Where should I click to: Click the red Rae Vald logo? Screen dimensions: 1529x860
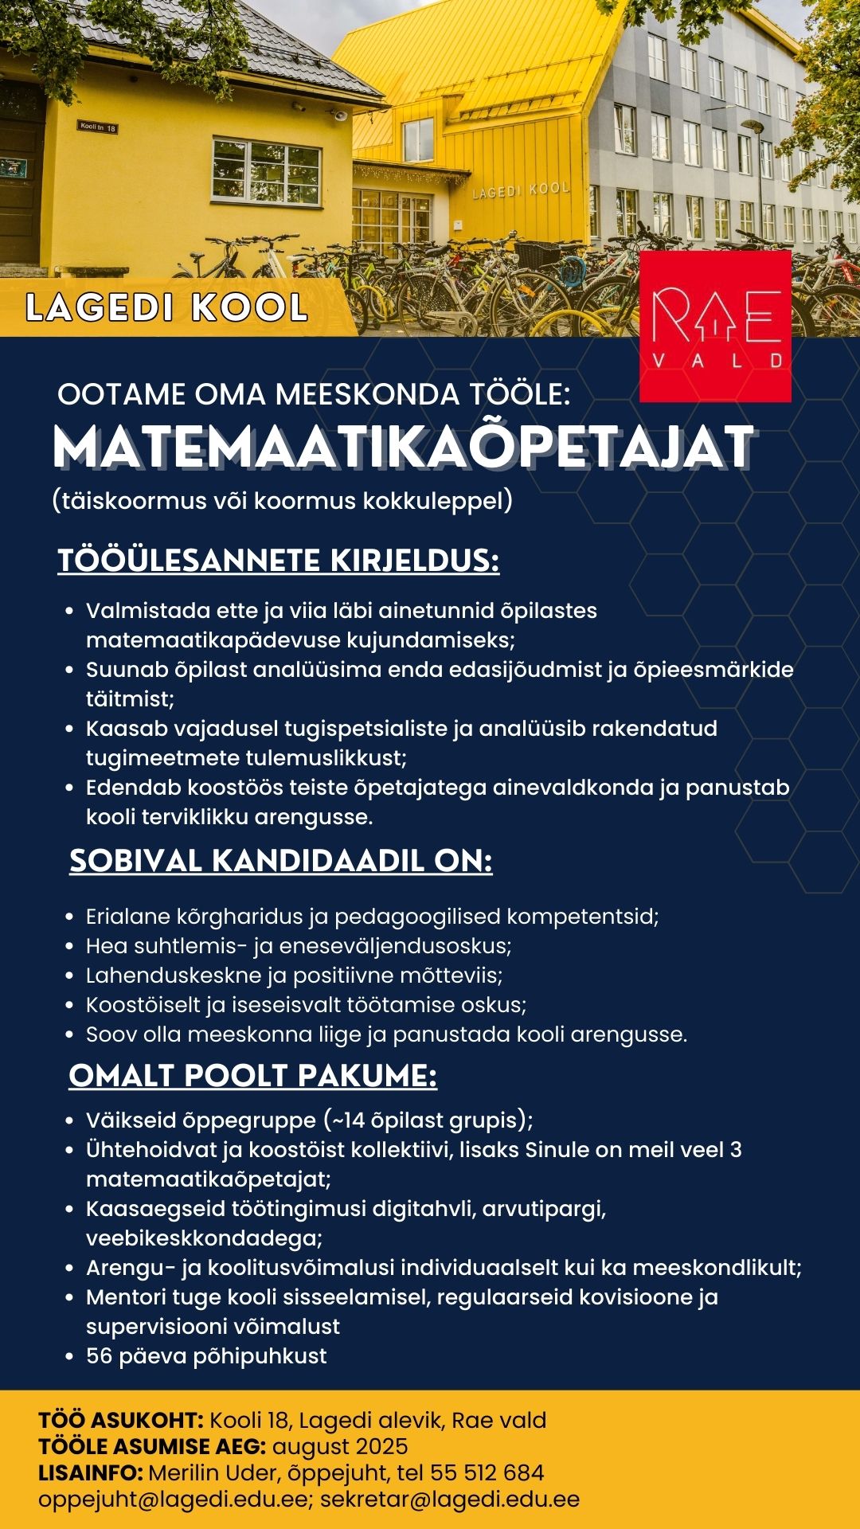[x=715, y=327]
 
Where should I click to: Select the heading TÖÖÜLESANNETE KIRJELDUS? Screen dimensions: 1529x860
[x=278, y=561]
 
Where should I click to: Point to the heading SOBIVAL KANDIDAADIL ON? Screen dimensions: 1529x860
[x=280, y=861]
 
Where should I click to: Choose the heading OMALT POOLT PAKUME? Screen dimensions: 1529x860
[x=252, y=1076]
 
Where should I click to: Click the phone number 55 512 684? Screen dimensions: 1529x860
[x=487, y=1472]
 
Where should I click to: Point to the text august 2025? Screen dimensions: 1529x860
[x=340, y=1446]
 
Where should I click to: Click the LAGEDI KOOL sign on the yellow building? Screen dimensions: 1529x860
[x=521, y=190]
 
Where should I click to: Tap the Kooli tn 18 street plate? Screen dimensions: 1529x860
[x=98, y=127]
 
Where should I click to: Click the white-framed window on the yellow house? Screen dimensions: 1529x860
[x=266, y=170]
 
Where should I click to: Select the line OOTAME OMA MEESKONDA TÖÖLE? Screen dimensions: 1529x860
[x=314, y=395]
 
